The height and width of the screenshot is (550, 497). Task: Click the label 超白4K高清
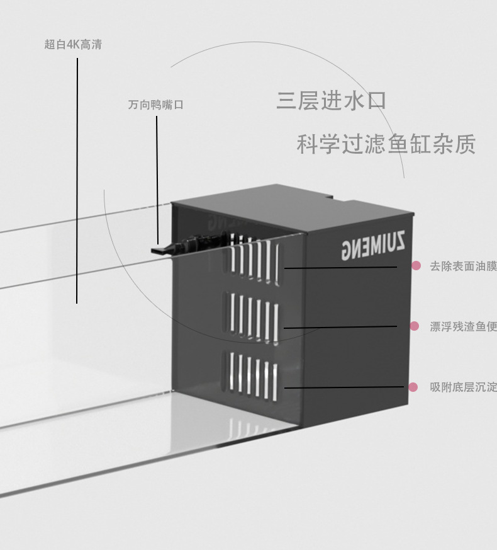(73, 45)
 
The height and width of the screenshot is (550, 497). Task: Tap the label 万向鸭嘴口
(156, 105)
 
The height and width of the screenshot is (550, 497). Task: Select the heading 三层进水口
(331, 101)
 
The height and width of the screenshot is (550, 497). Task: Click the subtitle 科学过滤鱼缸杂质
(386, 144)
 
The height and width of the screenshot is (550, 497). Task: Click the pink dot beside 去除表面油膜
(416, 266)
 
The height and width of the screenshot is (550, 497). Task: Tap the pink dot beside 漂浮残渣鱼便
(415, 326)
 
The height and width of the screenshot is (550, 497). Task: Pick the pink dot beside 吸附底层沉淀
(413, 387)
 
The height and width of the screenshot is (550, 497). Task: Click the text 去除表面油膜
(463, 266)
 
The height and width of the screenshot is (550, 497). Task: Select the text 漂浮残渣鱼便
(463, 326)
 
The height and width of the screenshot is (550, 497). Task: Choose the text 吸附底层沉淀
(463, 387)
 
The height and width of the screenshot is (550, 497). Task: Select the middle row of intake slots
(252, 316)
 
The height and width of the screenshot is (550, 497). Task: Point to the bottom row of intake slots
(252, 375)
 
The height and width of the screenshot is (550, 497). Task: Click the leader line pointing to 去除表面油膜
(340, 267)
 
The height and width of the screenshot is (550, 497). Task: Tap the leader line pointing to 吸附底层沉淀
(343, 387)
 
